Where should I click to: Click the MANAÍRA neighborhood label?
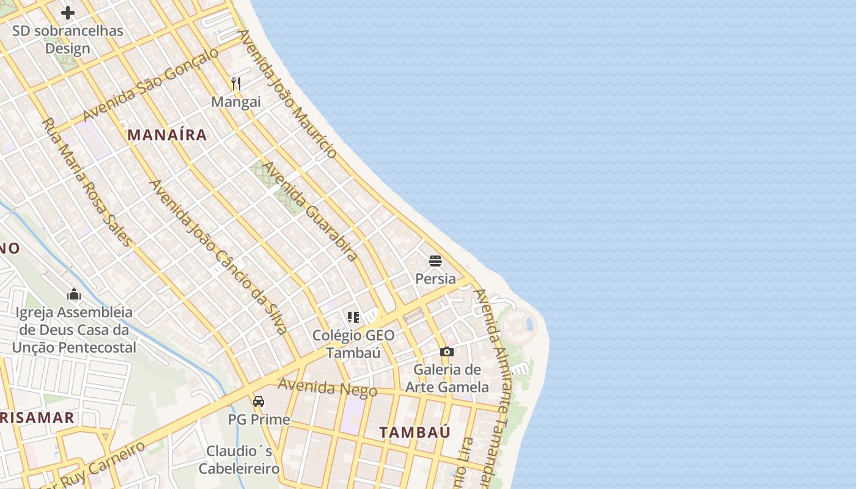tap(167, 135)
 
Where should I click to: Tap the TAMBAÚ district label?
tap(415, 432)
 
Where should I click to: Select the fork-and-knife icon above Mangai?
tap(236, 83)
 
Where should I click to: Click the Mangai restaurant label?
tap(236, 102)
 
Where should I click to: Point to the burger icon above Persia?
tap(435, 261)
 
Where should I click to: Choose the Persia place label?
tap(435, 279)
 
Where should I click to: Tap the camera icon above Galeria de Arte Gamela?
tap(447, 351)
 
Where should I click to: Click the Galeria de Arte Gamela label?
tap(447, 378)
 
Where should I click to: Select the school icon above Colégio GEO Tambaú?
tap(353, 317)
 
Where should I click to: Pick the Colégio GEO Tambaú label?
tap(353, 344)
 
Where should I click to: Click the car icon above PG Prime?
tap(259, 402)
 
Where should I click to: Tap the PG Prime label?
tap(259, 420)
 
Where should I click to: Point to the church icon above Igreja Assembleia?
tap(74, 294)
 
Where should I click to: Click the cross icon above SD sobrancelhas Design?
tap(68, 12)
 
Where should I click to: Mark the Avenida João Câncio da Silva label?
tap(218, 257)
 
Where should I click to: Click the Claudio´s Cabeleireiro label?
tap(239, 460)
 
